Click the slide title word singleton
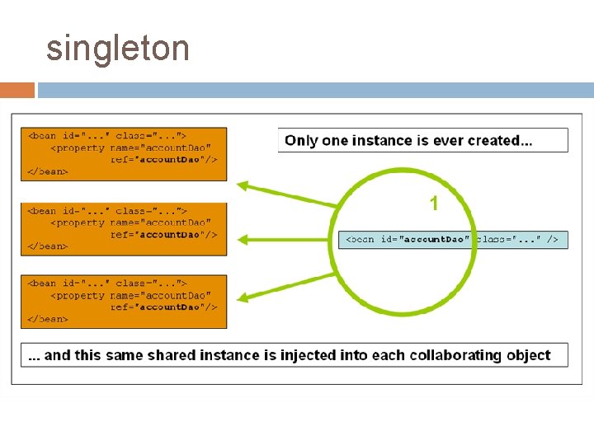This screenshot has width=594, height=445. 118,49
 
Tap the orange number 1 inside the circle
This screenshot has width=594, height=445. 434,203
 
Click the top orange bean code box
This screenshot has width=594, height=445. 124,153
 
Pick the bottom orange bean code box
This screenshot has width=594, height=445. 124,301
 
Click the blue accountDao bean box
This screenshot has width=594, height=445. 453,239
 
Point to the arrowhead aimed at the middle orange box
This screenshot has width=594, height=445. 244,240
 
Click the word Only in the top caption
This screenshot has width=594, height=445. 301,140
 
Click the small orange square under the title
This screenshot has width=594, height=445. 17,90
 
